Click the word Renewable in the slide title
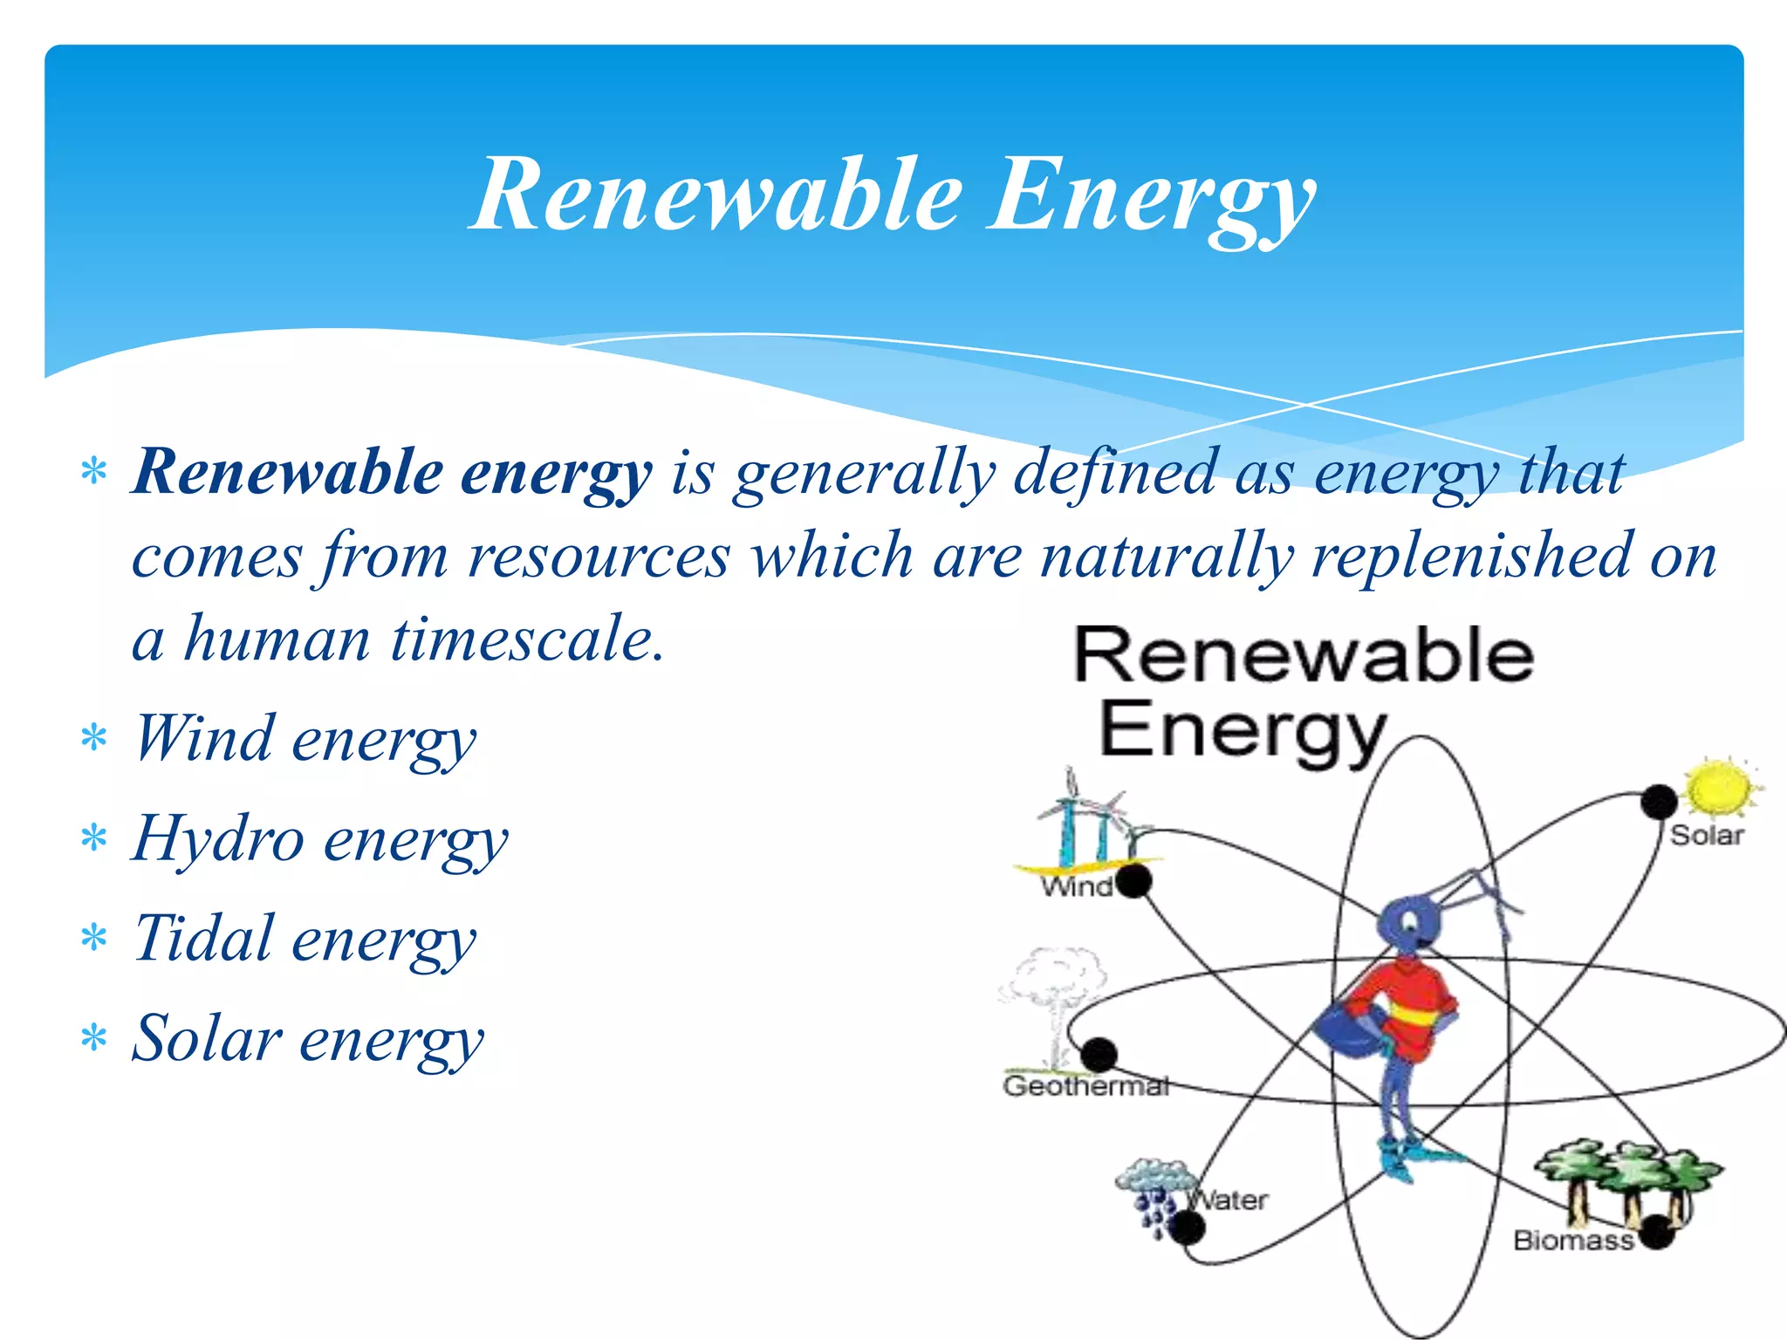(x=715, y=195)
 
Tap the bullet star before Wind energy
(x=93, y=739)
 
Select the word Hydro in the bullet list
(x=218, y=838)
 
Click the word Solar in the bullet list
(x=207, y=1038)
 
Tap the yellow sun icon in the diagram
(x=1720, y=787)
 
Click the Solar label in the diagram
(x=1707, y=836)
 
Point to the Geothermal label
(x=1085, y=1086)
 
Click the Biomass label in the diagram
(x=1572, y=1240)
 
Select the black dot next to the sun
(x=1659, y=802)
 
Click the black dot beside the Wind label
(x=1133, y=881)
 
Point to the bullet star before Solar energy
(x=93, y=1039)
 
